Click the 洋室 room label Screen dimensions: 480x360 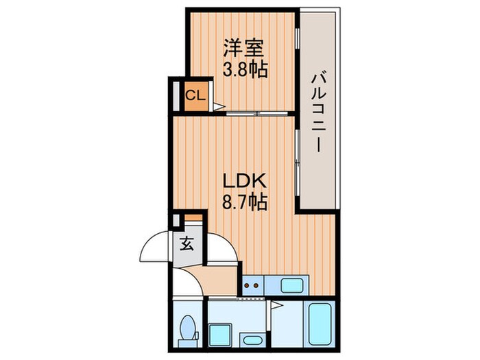pos(243,48)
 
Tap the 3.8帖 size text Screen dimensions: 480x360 pos(245,70)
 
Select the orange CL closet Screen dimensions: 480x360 pos(195,97)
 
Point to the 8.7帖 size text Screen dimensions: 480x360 pos(245,202)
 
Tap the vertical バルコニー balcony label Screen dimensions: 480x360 pos(319,112)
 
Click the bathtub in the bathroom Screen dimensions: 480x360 pos(320,324)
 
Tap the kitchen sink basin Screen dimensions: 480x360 pos(292,286)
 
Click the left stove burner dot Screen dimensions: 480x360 pos(246,286)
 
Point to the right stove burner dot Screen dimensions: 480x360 pos(256,286)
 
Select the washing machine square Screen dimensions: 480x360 pos(220,335)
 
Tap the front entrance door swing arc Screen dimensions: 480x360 pos(153,245)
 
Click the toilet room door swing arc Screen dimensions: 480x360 pos(190,280)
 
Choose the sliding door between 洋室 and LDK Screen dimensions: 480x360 pos(257,114)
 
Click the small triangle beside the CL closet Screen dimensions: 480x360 pos(219,106)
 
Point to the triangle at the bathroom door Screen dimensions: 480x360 pos(275,305)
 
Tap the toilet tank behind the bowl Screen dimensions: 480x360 pos(188,344)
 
